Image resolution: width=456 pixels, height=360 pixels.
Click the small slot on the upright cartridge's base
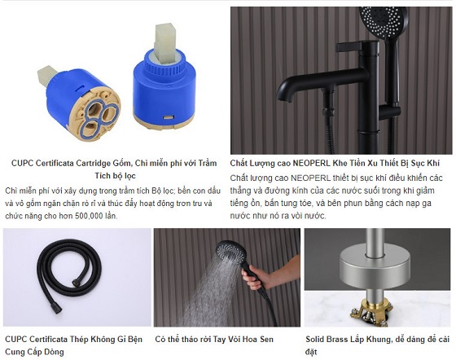click(x=169, y=117)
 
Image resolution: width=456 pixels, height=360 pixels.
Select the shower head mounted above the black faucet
click(x=382, y=21)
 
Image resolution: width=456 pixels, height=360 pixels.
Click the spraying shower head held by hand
click(x=231, y=252)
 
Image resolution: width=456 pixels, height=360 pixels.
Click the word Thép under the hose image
click(x=79, y=340)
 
